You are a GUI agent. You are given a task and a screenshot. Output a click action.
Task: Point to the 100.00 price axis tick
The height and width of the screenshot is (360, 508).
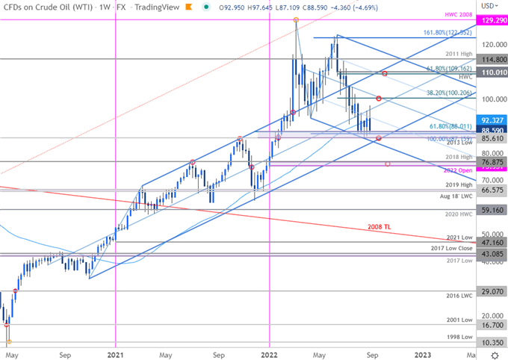489,99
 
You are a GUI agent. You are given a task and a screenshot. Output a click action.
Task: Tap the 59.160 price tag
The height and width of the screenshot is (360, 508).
489,211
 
